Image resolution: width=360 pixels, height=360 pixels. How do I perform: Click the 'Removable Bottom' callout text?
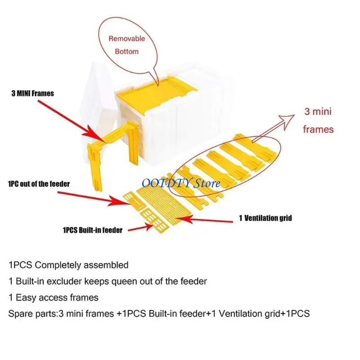point(127,45)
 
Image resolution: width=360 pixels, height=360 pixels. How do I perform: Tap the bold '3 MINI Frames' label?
point(32,94)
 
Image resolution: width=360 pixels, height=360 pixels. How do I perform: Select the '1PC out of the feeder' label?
point(39,184)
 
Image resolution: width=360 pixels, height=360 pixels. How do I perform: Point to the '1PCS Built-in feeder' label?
point(93,230)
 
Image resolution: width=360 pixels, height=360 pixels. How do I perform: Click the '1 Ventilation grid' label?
point(265,218)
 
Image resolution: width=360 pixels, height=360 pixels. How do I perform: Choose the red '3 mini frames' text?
point(318,121)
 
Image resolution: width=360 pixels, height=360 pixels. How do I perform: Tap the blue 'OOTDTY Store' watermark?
point(181,183)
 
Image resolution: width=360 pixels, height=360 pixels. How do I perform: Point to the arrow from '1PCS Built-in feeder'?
point(140,228)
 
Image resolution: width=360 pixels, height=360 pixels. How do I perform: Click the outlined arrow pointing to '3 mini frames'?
point(273,128)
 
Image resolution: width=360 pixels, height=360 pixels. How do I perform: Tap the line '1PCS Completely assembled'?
point(68,265)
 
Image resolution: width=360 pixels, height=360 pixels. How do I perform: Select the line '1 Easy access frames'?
point(54,297)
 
